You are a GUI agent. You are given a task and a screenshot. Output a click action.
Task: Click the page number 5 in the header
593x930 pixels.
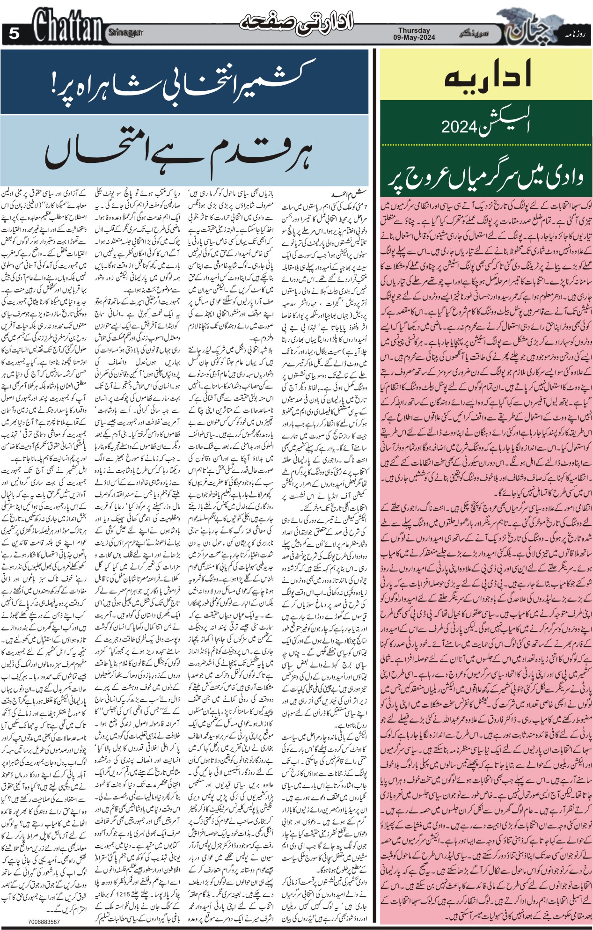click(14, 33)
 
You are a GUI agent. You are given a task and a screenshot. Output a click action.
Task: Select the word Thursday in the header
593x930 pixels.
click(414, 30)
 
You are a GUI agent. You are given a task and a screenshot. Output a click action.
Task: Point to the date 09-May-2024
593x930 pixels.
click(414, 37)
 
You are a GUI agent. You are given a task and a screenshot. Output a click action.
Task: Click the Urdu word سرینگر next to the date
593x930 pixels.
click(473, 34)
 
